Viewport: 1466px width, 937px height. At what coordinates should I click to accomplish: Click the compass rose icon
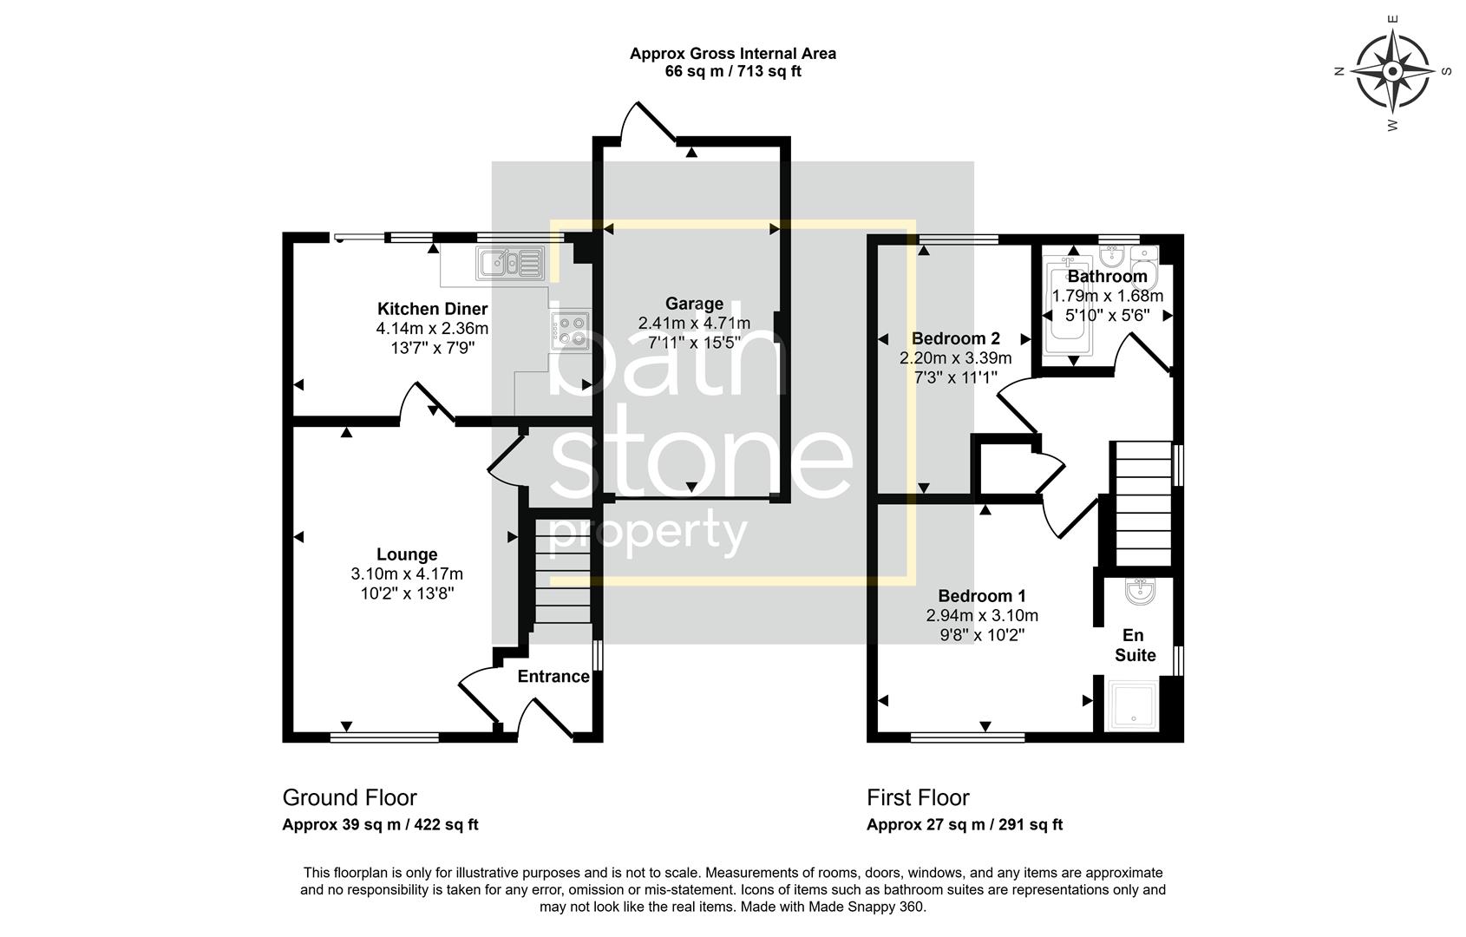[1392, 70]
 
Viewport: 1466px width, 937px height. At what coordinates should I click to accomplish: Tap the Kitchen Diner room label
[432, 309]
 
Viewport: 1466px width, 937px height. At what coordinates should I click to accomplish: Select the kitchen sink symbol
[509, 263]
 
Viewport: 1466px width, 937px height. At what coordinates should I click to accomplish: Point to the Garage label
[694, 304]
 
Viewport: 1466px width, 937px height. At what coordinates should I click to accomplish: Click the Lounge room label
[407, 554]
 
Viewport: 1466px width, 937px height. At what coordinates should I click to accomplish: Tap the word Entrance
[553, 677]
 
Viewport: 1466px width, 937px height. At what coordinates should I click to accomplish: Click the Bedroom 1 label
[982, 596]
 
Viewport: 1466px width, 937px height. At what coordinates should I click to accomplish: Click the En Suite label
[1135, 646]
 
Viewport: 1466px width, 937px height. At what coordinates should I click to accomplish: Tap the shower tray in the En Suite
[1132, 704]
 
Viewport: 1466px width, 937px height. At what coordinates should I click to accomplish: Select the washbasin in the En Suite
[1138, 593]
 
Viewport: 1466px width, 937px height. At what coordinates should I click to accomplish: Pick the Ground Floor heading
[350, 797]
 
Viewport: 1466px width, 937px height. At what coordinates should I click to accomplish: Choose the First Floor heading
[918, 797]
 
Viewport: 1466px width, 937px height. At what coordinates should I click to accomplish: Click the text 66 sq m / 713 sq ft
[733, 72]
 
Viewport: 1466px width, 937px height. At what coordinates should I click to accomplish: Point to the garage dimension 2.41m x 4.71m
[694, 323]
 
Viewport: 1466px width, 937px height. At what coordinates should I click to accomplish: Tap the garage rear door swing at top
[645, 122]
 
